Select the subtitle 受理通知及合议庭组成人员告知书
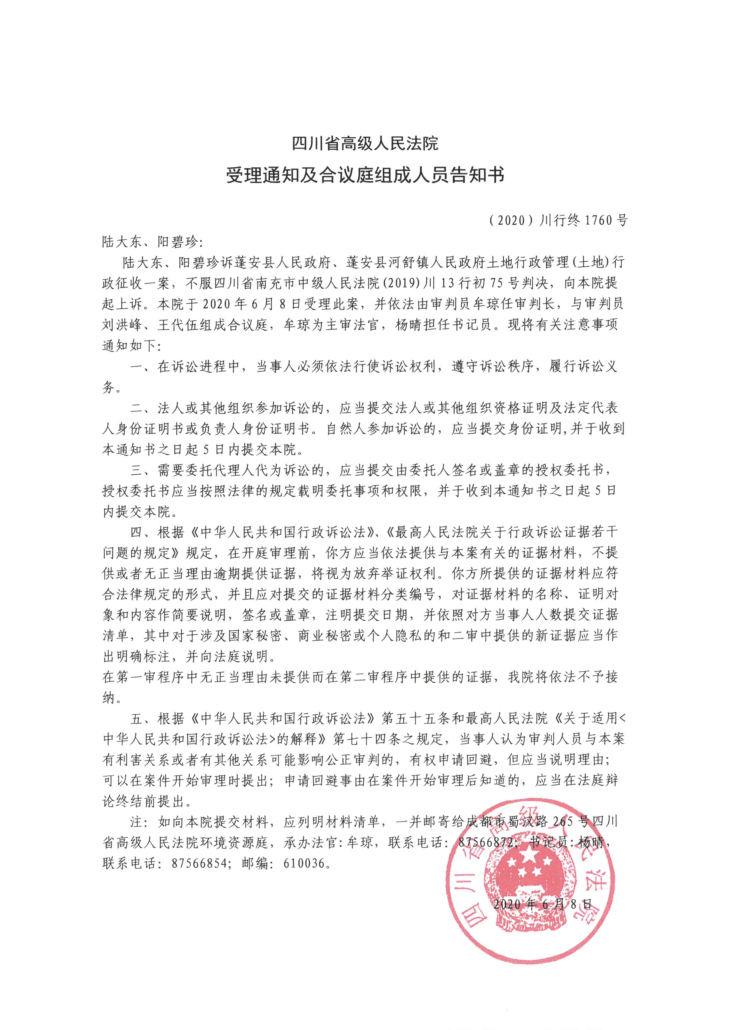tap(364, 175)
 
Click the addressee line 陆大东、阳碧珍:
tap(152, 242)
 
